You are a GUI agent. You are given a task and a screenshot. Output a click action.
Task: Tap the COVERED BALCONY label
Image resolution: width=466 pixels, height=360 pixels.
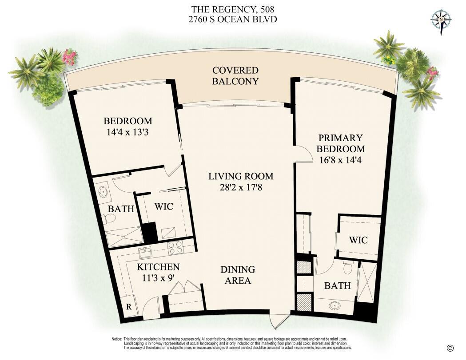[235, 76]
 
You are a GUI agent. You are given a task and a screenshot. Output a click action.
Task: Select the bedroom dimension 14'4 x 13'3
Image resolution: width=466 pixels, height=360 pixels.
[127, 132]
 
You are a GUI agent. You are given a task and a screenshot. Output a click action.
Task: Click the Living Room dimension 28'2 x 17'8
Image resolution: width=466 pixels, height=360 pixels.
[241, 188]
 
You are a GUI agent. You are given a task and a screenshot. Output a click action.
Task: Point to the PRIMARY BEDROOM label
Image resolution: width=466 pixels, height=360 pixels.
[341, 143]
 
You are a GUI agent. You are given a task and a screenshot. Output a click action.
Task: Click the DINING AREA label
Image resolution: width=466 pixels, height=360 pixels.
[238, 275]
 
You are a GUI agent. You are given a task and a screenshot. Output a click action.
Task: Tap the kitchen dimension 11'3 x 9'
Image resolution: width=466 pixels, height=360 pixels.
[158, 278]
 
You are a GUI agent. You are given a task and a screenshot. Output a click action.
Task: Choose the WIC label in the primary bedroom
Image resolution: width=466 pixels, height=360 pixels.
[358, 240]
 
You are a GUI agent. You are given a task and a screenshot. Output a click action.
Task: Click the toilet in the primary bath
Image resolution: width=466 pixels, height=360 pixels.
[348, 267]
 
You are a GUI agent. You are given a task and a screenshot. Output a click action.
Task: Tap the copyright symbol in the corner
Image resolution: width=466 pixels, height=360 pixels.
[450, 348]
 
